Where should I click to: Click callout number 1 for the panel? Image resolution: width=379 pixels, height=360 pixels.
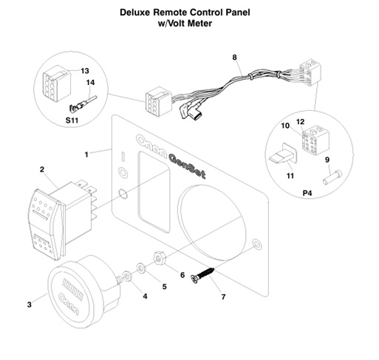(x=87, y=154)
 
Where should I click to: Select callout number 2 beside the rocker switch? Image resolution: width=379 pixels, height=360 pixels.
(x=42, y=169)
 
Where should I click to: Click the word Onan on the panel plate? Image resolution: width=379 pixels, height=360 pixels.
(x=151, y=144)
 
